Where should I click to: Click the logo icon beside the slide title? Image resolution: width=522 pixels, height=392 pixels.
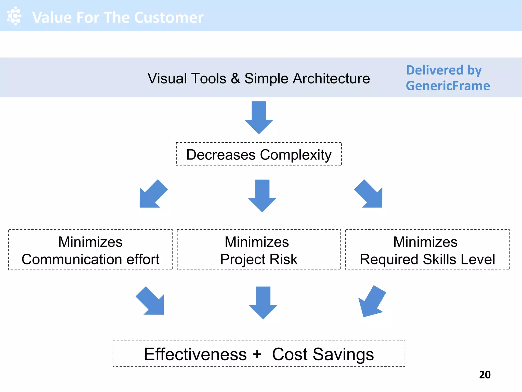tap(14, 16)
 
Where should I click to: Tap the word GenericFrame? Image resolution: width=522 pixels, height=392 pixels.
tap(448, 86)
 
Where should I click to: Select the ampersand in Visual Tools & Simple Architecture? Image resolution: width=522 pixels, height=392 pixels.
tap(235, 78)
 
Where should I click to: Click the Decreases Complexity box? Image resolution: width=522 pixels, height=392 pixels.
tap(259, 154)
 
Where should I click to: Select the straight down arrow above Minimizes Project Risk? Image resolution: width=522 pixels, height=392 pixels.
tap(262, 195)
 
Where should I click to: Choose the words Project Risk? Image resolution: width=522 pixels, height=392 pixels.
tap(259, 259)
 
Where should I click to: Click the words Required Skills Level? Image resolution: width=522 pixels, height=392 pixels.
tap(427, 259)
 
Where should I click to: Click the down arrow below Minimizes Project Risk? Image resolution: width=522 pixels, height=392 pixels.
tap(263, 302)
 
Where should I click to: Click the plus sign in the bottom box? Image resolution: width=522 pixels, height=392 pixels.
tap(257, 354)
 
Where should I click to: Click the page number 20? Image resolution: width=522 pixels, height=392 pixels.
tap(485, 375)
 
